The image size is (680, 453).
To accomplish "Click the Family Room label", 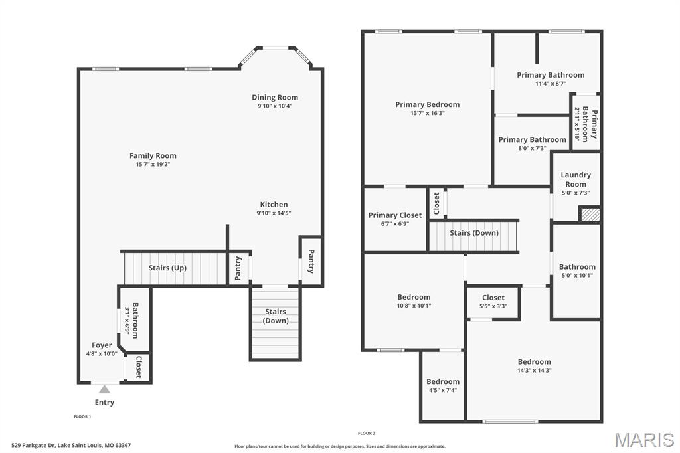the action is point(153,155).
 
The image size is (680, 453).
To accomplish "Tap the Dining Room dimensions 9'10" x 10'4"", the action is point(275,106).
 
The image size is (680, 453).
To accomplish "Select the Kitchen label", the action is point(274,205).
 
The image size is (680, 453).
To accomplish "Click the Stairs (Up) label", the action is point(167,268).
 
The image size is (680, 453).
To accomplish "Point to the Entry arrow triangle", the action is point(104,389).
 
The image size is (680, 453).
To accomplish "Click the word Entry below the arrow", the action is point(104,403).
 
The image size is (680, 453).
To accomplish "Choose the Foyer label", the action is point(102,345).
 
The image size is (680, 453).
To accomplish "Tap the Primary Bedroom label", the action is point(427,104).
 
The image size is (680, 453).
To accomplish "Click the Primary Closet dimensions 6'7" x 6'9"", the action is point(395,224).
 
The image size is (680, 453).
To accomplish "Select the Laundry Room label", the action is point(576,179).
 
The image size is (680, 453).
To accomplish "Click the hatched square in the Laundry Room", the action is point(590,215).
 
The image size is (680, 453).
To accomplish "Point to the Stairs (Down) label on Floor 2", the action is point(474,233).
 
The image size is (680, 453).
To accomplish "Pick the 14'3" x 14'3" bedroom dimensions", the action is point(535,371).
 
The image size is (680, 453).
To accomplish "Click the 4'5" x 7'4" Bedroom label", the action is point(443,381).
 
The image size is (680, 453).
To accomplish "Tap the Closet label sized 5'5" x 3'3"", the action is point(493,297).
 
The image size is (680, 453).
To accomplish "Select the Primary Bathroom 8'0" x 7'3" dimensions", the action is point(532,148).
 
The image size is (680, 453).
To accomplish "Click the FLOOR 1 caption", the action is point(82,416).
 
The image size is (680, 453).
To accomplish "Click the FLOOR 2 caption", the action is point(367,433).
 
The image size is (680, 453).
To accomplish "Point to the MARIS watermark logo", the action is point(644,440).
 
